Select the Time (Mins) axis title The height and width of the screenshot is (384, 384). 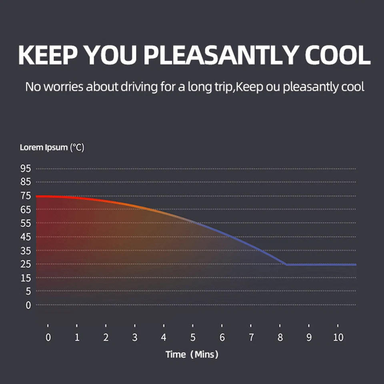coord(192,354)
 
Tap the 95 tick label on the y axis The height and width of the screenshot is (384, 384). coord(25,169)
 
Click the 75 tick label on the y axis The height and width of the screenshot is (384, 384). coord(25,196)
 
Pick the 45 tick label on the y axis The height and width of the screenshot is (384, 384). coord(25,237)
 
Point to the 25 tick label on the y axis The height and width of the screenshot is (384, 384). coord(25,264)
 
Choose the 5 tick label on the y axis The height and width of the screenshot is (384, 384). coord(28,292)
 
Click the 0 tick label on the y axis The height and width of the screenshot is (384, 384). coord(28,305)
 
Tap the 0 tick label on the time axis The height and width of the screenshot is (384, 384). coord(48,338)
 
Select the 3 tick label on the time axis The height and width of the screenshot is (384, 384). coord(135,338)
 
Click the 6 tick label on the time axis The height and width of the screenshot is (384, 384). coord(222,338)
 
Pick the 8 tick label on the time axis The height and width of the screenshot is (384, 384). coord(280,338)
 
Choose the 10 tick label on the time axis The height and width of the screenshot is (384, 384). coord(338,338)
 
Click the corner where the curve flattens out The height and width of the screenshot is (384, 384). coord(286,264)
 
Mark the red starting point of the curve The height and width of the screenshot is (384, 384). coord(37,196)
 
